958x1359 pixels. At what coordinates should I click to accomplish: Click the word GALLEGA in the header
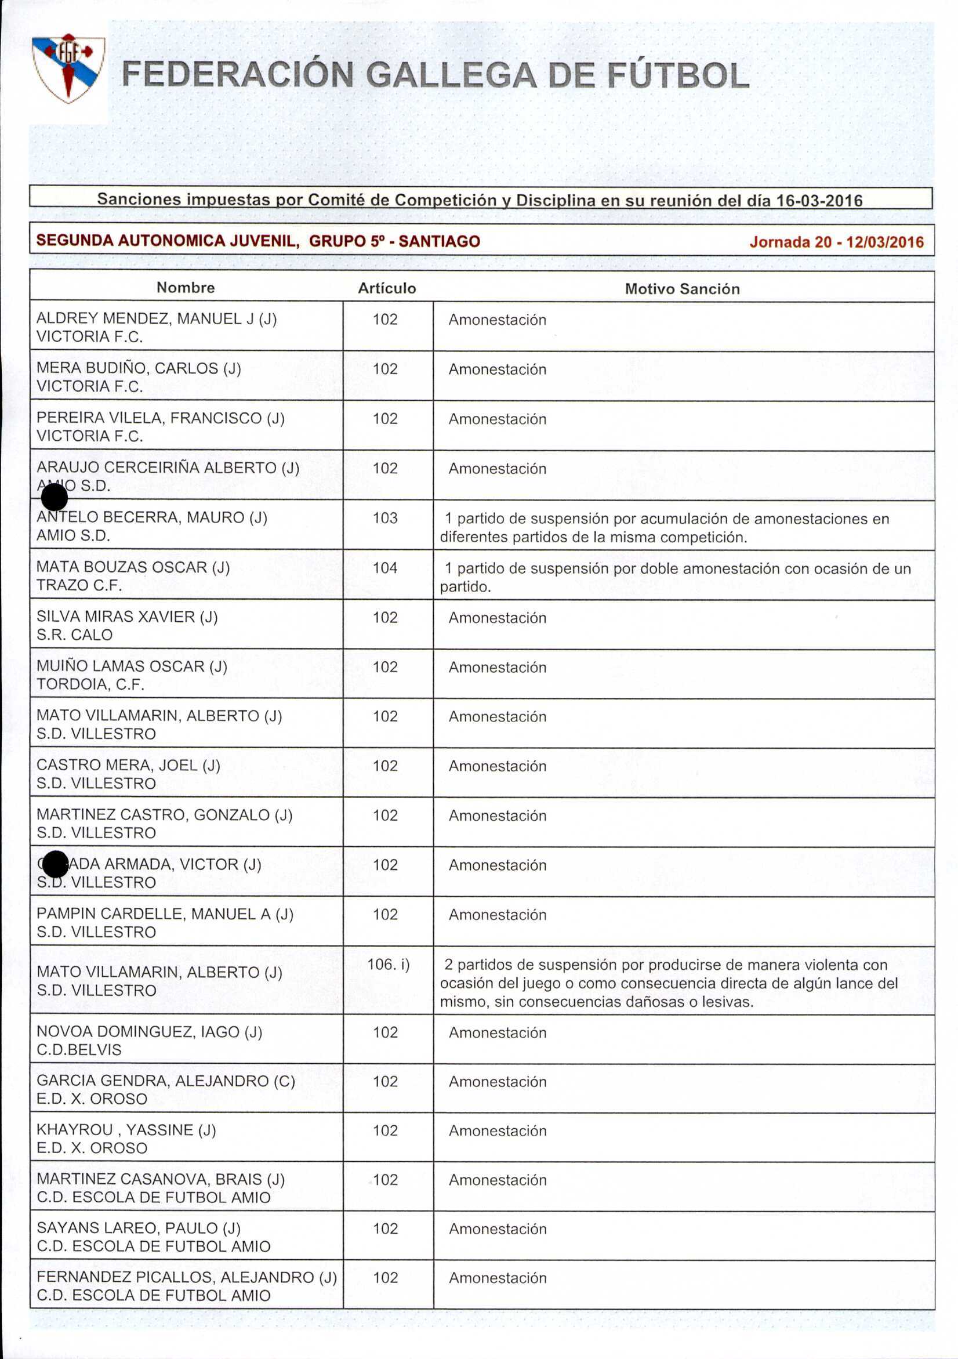click(451, 77)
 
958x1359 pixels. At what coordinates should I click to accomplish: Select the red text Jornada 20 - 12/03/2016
click(836, 242)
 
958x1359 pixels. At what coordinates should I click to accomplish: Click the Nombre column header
click(185, 288)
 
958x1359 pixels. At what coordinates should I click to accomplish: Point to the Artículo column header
click(387, 288)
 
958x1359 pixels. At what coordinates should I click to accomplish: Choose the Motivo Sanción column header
click(683, 289)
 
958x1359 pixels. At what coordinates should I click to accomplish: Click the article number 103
click(385, 518)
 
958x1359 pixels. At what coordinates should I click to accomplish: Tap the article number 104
click(385, 568)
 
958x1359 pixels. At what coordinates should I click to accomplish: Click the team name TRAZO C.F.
click(79, 585)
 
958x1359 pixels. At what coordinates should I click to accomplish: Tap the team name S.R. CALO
click(75, 635)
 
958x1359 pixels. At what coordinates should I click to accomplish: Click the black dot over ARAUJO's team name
click(55, 497)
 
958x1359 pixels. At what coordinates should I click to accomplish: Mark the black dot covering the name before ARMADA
click(55, 864)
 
